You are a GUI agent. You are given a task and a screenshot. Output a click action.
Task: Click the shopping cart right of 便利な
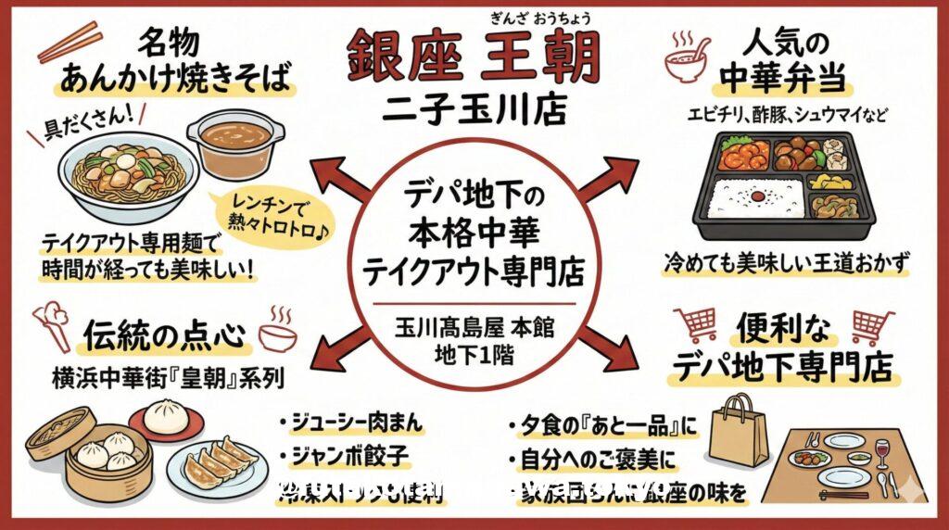tap(869, 325)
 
